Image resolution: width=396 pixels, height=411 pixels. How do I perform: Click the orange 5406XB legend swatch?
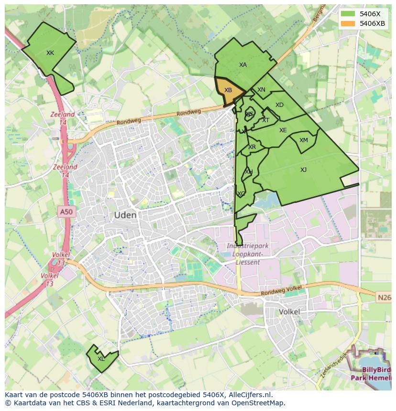[x=348, y=23]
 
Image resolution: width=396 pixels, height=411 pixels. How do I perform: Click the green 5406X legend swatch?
[x=348, y=14]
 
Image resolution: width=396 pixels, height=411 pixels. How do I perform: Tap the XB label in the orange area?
[x=228, y=90]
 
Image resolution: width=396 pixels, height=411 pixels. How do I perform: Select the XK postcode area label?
[x=50, y=53]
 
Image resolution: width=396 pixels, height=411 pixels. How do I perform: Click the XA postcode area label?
[x=243, y=65]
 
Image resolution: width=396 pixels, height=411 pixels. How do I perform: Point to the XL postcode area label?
[x=101, y=359]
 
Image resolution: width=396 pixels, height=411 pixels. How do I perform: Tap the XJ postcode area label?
[x=303, y=170]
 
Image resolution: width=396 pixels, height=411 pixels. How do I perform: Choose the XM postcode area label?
[x=304, y=140]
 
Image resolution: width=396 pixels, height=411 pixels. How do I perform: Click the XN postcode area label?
[x=261, y=90]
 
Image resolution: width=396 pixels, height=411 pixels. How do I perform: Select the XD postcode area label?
[x=279, y=105]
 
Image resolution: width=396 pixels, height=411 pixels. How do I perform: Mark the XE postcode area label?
[x=283, y=130]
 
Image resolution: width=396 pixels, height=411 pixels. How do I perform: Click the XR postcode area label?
[x=252, y=147]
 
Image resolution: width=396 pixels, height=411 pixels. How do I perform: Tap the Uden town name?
[x=125, y=215]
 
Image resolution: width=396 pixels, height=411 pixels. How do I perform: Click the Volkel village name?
[x=289, y=312]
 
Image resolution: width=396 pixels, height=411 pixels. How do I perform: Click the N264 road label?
[x=384, y=297]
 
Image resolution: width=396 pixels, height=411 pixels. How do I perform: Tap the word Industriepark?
[x=248, y=246]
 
